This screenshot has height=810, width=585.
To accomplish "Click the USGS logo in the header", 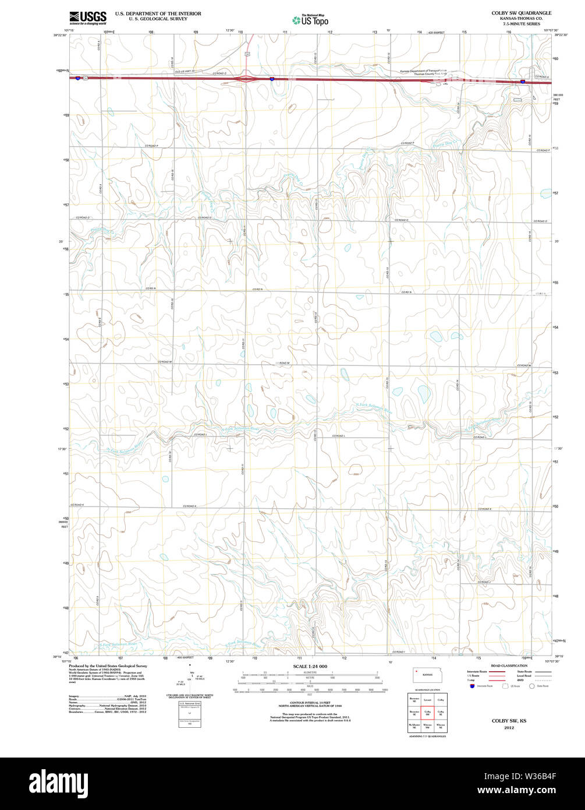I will [x=87, y=17].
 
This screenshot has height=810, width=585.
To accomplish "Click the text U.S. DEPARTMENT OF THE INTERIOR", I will [x=158, y=13].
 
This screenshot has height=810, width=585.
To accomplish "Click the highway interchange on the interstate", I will [x=246, y=78].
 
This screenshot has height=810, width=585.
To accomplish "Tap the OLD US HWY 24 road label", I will [x=184, y=71].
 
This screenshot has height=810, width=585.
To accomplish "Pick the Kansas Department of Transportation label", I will [x=424, y=71].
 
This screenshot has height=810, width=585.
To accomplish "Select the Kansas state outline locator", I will [x=427, y=675].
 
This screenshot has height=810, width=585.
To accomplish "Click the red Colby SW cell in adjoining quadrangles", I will [x=427, y=712].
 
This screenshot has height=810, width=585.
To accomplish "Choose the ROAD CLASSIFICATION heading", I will [x=509, y=665].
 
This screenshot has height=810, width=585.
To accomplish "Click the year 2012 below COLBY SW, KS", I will [x=509, y=728].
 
